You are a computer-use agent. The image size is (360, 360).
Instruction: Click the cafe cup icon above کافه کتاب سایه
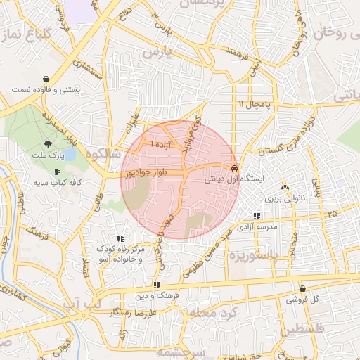click(57, 172)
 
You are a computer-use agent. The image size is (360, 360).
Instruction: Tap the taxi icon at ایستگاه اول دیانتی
click(233, 169)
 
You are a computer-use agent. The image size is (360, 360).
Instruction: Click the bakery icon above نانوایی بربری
click(285, 188)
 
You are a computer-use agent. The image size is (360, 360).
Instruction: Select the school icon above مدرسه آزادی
click(256, 217)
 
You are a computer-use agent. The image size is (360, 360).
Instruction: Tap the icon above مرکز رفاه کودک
click(120, 238)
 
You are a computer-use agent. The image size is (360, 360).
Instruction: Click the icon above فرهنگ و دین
click(156, 285)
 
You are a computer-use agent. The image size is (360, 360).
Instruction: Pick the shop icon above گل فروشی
click(302, 288)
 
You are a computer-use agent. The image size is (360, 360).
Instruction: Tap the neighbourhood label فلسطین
click(304, 330)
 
